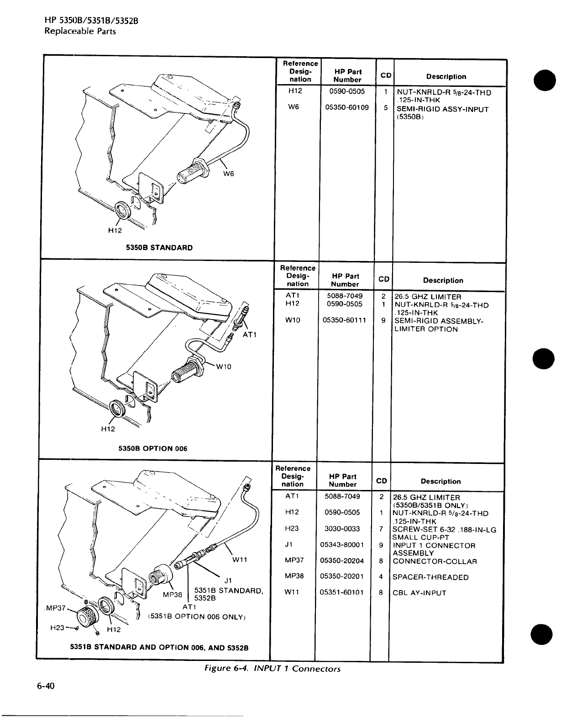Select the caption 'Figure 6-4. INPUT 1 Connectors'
click(272, 669)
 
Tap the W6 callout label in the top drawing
click(229, 174)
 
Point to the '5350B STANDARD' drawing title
click(159, 248)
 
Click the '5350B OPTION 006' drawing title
click(153, 448)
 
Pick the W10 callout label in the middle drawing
click(224, 366)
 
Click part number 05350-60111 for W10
click(344, 320)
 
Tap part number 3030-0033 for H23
click(342, 528)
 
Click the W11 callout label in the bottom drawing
click(240, 559)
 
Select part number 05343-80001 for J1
click(342, 545)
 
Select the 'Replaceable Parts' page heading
click(80, 31)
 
